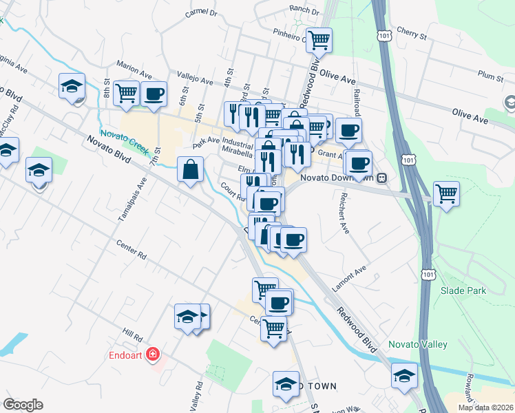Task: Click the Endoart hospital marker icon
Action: (x=152, y=355)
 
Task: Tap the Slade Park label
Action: (x=463, y=290)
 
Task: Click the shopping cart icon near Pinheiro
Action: (x=319, y=41)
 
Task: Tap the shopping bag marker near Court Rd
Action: (x=190, y=169)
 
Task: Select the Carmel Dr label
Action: (x=201, y=13)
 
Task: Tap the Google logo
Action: (x=23, y=404)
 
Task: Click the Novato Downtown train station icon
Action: (x=381, y=178)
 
